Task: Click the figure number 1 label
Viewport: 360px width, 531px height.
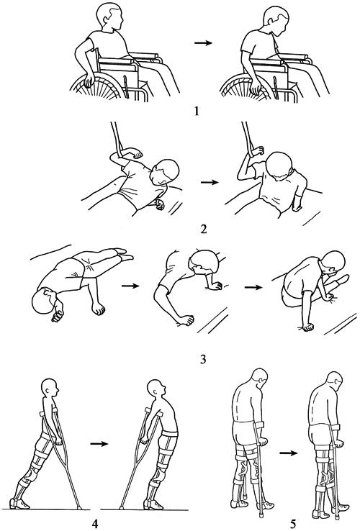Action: (x=197, y=111)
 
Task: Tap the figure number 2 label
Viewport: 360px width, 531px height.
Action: (x=203, y=229)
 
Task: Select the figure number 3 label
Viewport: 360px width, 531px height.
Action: (x=203, y=358)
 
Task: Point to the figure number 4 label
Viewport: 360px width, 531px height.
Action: (x=95, y=524)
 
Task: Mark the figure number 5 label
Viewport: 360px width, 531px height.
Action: (x=293, y=524)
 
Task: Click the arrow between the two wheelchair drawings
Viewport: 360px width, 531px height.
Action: (x=203, y=43)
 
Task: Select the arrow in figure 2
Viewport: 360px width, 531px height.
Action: (x=210, y=182)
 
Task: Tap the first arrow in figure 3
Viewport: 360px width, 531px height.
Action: (x=130, y=286)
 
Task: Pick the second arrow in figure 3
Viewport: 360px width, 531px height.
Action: (x=253, y=288)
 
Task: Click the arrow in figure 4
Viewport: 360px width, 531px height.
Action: (x=99, y=444)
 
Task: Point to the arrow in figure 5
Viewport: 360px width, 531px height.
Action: (x=288, y=453)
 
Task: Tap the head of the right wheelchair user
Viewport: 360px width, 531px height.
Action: (x=276, y=22)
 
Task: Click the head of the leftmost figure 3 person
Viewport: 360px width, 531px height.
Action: (x=43, y=300)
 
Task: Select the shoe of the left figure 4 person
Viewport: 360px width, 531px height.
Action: (x=19, y=504)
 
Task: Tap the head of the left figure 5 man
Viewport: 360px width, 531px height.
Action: (x=258, y=378)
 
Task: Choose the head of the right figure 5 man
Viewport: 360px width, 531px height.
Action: (x=334, y=381)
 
